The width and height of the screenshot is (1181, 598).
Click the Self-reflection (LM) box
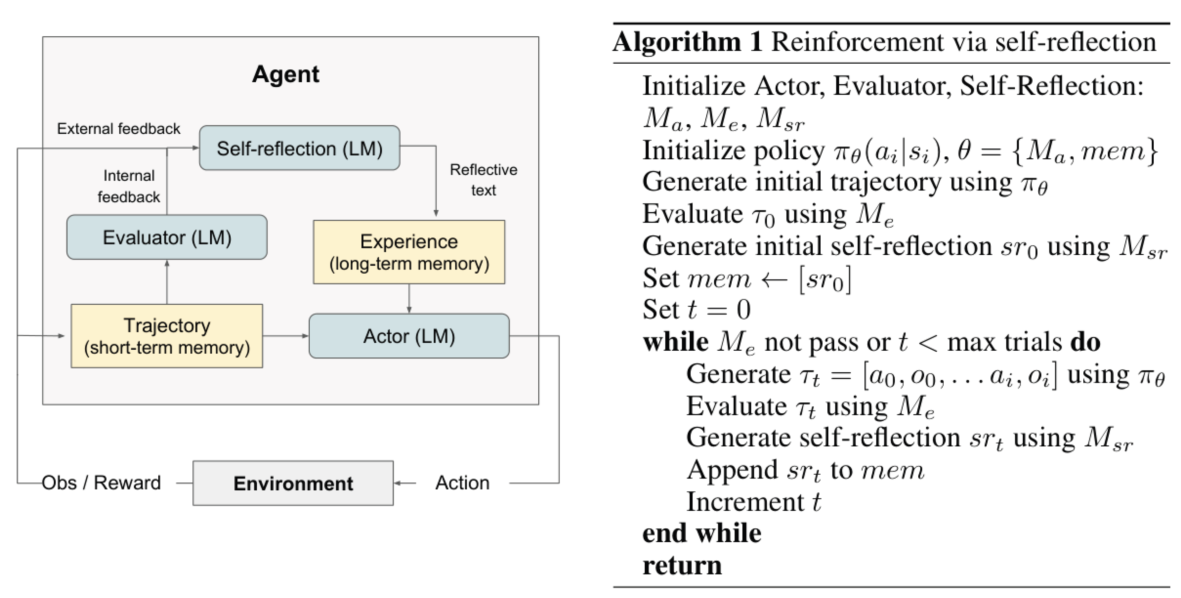point(299,148)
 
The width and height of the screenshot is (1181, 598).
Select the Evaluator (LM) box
point(167,237)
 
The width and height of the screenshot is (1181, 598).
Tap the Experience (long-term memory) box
point(409,252)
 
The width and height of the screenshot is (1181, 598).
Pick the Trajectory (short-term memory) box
point(167,336)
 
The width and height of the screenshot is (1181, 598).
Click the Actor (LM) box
point(409,336)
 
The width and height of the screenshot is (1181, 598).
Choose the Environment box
point(293,483)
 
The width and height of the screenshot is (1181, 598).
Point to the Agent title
point(286,74)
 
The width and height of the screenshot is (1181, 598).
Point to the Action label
point(462,483)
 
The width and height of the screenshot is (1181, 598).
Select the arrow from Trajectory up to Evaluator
point(167,282)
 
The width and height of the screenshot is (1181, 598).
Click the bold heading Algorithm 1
point(687,42)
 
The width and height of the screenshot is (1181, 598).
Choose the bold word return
point(682,565)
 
